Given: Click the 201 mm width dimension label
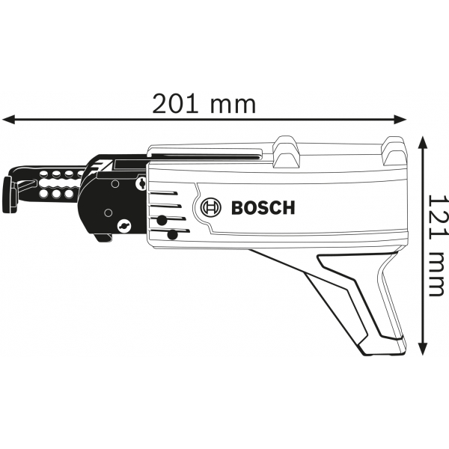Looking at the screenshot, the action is (204, 104).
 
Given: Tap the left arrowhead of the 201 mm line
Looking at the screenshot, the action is (8, 119).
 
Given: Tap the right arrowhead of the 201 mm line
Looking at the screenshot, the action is (400, 119).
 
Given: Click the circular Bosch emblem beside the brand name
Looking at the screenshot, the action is (211, 207).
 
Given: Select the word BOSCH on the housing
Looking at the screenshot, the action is (263, 207).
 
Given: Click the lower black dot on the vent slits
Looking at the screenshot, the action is (172, 235).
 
